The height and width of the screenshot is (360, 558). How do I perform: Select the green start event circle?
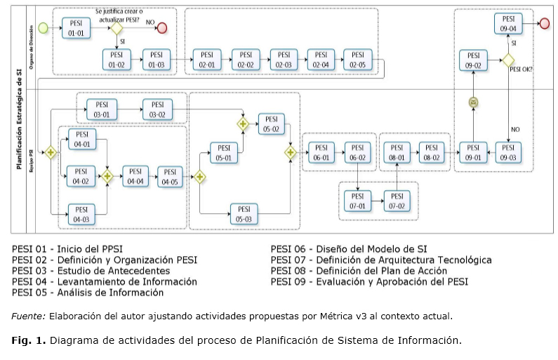click(44, 28)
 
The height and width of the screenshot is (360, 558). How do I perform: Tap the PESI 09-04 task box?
click(508, 24)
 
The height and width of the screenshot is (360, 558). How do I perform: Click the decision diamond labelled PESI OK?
click(508, 60)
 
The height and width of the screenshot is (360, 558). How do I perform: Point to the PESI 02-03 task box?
click(283, 60)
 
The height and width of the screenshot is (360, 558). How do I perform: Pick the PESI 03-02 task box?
click(157, 109)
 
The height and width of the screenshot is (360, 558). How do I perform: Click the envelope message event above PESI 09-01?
click(474, 102)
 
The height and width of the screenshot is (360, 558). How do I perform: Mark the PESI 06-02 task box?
click(358, 152)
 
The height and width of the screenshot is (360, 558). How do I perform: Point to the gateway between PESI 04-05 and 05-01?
click(199, 177)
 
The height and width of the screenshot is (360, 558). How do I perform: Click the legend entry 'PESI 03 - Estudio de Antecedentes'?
click(91, 270)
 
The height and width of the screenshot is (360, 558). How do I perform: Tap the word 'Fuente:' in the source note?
click(27, 316)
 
